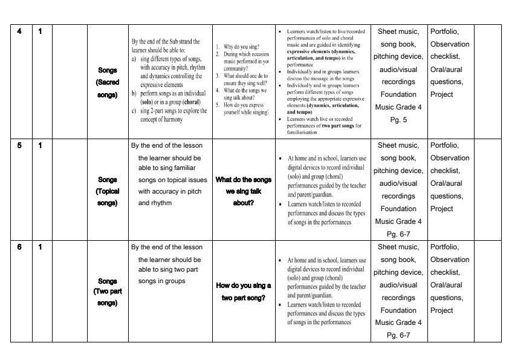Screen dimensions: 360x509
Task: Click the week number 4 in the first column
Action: point(20,31)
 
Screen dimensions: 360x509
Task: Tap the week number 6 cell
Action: point(20,247)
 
